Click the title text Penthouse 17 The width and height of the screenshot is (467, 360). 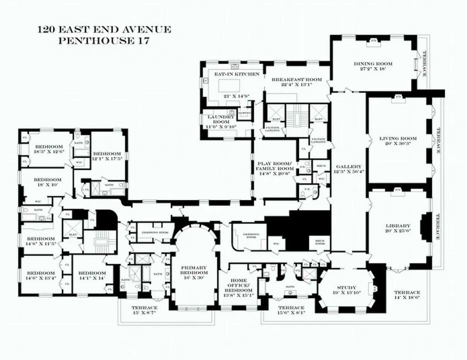click(104, 41)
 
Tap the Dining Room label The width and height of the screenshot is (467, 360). click(373, 64)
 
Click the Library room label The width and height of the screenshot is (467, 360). click(398, 225)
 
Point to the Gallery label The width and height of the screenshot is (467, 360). click(348, 166)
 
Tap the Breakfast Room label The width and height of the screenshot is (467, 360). click(297, 79)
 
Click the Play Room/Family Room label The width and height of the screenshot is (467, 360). click(274, 166)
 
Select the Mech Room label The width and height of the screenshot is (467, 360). click(320, 243)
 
